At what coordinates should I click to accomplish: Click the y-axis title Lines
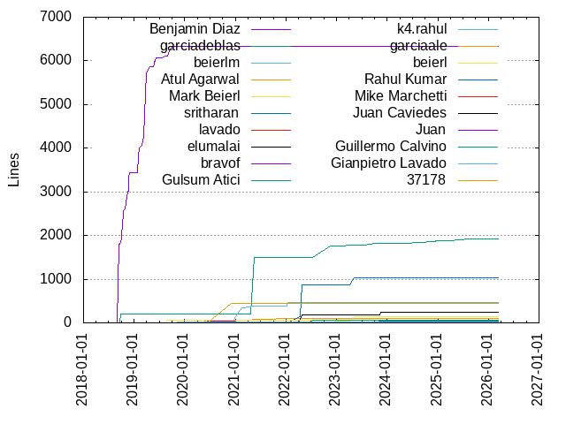tap(14, 170)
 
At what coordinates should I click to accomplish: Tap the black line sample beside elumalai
tap(272, 147)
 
